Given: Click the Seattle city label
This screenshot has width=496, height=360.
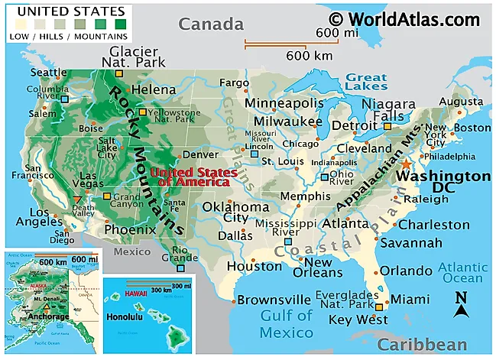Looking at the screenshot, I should point(49,73).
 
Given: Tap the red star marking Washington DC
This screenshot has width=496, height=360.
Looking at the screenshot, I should point(407,164).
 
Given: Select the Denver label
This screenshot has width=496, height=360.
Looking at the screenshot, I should point(201,154).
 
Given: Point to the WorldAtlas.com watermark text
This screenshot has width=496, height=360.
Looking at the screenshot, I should point(405,18).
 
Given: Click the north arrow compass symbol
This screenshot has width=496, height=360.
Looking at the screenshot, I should point(461,305).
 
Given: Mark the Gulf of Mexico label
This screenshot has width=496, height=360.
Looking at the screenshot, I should point(286,323).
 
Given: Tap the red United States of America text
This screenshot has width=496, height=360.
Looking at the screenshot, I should point(193,177).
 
